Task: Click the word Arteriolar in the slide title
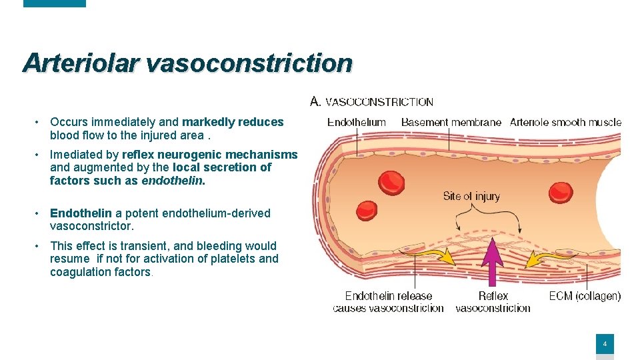[81, 63]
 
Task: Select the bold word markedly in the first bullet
[209, 122]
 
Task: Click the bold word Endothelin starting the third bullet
[81, 213]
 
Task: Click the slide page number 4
[605, 345]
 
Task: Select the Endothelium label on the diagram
[357, 122]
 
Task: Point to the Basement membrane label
[451, 122]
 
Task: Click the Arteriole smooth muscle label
[565, 122]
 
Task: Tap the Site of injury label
[471, 196]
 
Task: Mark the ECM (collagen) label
[585, 296]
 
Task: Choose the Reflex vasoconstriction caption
[493, 302]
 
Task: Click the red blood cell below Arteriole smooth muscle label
[561, 193]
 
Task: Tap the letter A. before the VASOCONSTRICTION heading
[316, 101]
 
